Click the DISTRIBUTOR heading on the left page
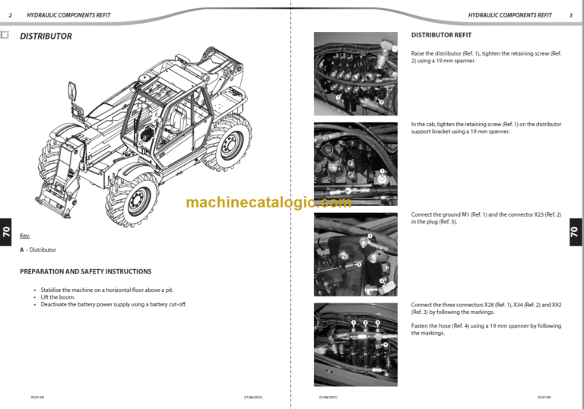pyautogui.click(x=46, y=36)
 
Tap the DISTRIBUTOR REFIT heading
pyautogui.click(x=441, y=35)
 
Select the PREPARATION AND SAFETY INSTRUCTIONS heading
pyautogui.click(x=85, y=271)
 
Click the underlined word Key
pyautogui.click(x=25, y=236)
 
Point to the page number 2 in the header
pyautogui.click(x=10, y=15)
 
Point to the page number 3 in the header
pyautogui.click(x=570, y=15)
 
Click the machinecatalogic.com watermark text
pyautogui.click(x=268, y=202)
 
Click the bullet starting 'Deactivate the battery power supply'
pyautogui.click(x=113, y=304)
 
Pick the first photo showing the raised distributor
pyautogui.click(x=355, y=74)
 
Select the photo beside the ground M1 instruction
pyautogui.click(x=355, y=255)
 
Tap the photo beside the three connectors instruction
pyautogui.click(x=355, y=344)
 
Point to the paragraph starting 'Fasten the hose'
pyautogui.click(x=486, y=329)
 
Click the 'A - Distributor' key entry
pyautogui.click(x=38, y=249)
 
